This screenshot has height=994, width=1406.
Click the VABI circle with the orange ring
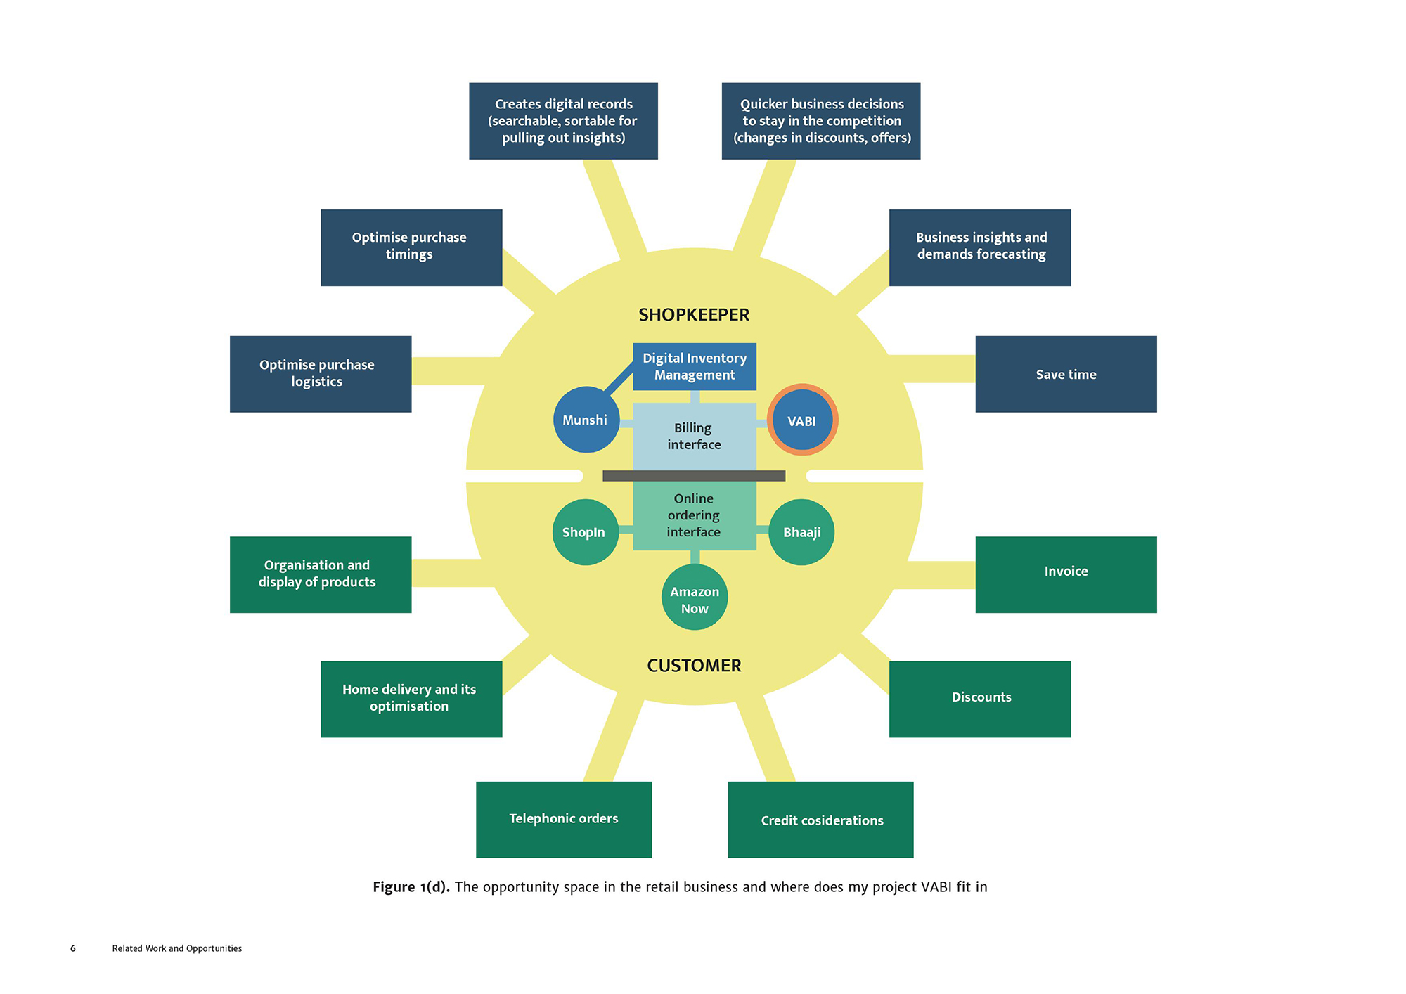(x=802, y=420)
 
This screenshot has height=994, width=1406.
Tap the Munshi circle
(x=586, y=420)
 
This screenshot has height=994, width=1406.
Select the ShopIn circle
(x=584, y=532)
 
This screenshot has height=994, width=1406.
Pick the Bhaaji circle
(x=802, y=532)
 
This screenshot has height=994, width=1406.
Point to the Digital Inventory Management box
(x=695, y=366)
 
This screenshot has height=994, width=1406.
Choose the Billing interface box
(x=695, y=437)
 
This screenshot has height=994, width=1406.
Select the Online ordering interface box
(x=695, y=515)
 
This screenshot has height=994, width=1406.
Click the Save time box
(x=1066, y=374)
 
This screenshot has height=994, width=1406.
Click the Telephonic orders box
(x=564, y=819)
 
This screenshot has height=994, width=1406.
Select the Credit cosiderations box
(x=820, y=820)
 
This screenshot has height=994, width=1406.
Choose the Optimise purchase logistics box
(x=321, y=374)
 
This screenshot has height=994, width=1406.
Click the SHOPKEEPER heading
(x=694, y=315)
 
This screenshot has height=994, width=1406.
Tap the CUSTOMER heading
(x=694, y=666)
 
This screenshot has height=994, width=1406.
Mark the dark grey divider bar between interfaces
(x=694, y=476)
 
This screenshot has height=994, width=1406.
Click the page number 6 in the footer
(x=73, y=948)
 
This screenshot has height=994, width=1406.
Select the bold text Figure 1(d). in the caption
(x=411, y=887)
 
